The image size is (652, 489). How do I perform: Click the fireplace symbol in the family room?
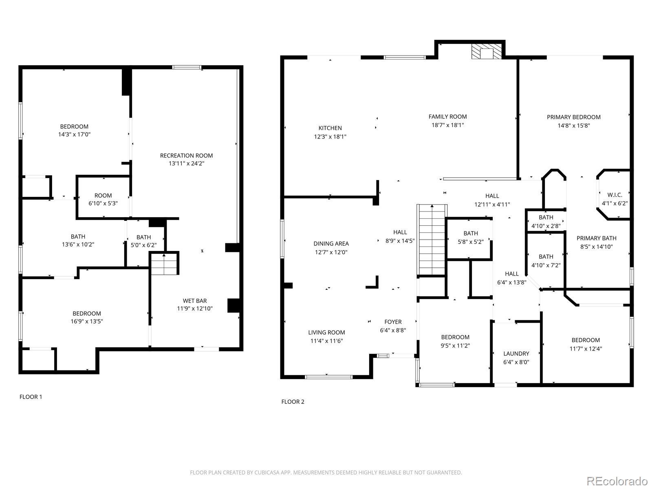tap(486, 52)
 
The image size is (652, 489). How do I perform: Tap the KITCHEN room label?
tap(330, 128)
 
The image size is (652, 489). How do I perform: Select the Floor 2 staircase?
tap(432, 240)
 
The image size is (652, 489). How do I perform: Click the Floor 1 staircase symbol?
tap(164, 264)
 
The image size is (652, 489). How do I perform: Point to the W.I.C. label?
tap(615, 195)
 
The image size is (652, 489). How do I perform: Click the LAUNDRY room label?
tap(516, 354)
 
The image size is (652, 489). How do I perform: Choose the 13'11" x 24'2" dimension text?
tap(187, 163)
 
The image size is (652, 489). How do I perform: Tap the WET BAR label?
tap(195, 301)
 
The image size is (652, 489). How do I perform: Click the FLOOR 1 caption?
tap(31, 396)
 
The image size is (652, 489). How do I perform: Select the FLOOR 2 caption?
tap(293, 402)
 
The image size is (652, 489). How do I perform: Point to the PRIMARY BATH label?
tap(597, 238)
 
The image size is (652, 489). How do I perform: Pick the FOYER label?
tap(393, 322)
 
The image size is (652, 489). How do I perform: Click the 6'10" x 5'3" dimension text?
tap(103, 203)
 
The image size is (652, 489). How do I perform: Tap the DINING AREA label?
tap(331, 243)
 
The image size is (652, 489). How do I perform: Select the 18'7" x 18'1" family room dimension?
tap(447, 125)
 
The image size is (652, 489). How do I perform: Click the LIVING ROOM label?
tap(326, 333)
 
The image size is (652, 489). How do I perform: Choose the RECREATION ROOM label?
tap(187, 156)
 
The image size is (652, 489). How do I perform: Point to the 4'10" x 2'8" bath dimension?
tap(546, 226)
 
